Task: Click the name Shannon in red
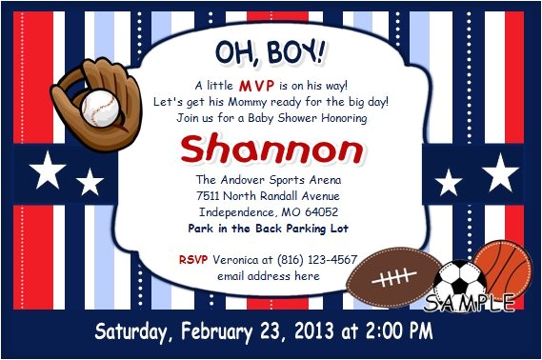[271, 150]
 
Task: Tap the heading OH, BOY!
[270, 50]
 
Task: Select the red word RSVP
[193, 259]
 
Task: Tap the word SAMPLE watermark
[471, 303]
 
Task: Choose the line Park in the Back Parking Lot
[269, 229]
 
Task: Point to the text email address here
[268, 276]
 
